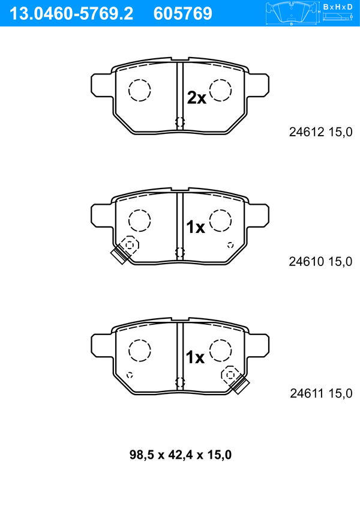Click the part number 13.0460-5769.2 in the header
click(71, 14)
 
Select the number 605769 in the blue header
click(183, 14)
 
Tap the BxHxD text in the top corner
click(338, 7)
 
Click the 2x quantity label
click(197, 98)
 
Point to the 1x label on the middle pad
click(196, 228)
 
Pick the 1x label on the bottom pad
click(195, 357)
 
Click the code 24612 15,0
click(321, 132)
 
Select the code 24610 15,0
click(320, 262)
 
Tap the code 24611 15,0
click(321, 393)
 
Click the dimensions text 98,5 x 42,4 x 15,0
click(181, 455)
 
